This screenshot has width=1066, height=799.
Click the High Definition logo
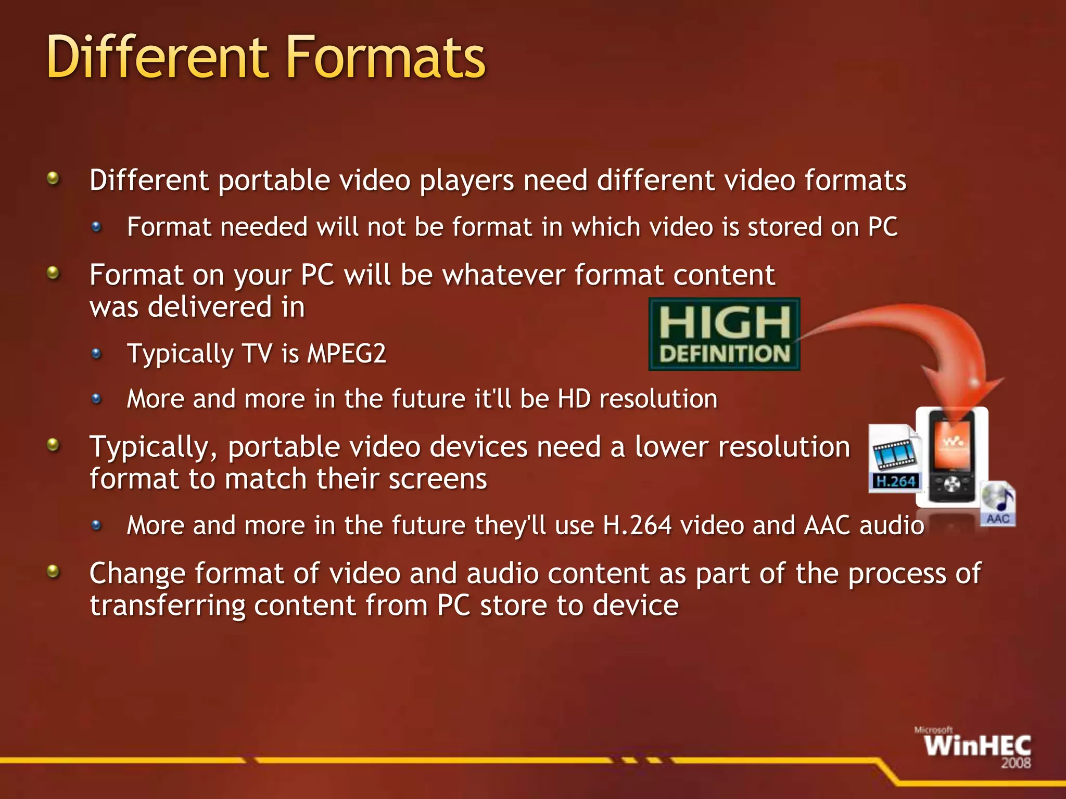pyautogui.click(x=724, y=334)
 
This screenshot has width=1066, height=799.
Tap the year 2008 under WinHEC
pyautogui.click(x=1016, y=763)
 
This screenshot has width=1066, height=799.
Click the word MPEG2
pyautogui.click(x=347, y=354)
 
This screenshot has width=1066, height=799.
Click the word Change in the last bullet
pyautogui.click(x=137, y=573)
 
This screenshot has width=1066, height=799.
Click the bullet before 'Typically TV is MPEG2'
pyautogui.click(x=96, y=354)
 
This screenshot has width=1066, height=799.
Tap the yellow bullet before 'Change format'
pyautogui.click(x=53, y=572)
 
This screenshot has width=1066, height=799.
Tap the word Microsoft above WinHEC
pyautogui.click(x=933, y=730)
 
